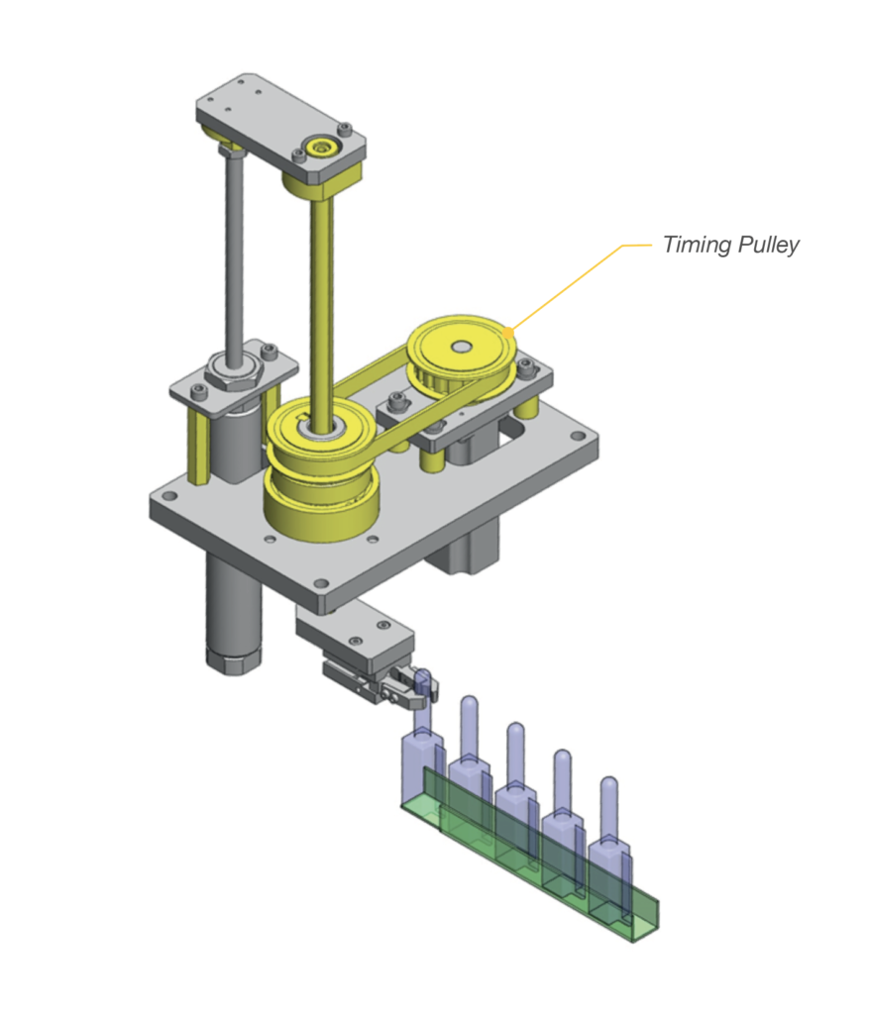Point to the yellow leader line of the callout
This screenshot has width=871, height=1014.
tap(575, 282)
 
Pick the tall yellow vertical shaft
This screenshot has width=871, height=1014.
tap(322, 297)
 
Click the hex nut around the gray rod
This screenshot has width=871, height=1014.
tap(235, 375)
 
